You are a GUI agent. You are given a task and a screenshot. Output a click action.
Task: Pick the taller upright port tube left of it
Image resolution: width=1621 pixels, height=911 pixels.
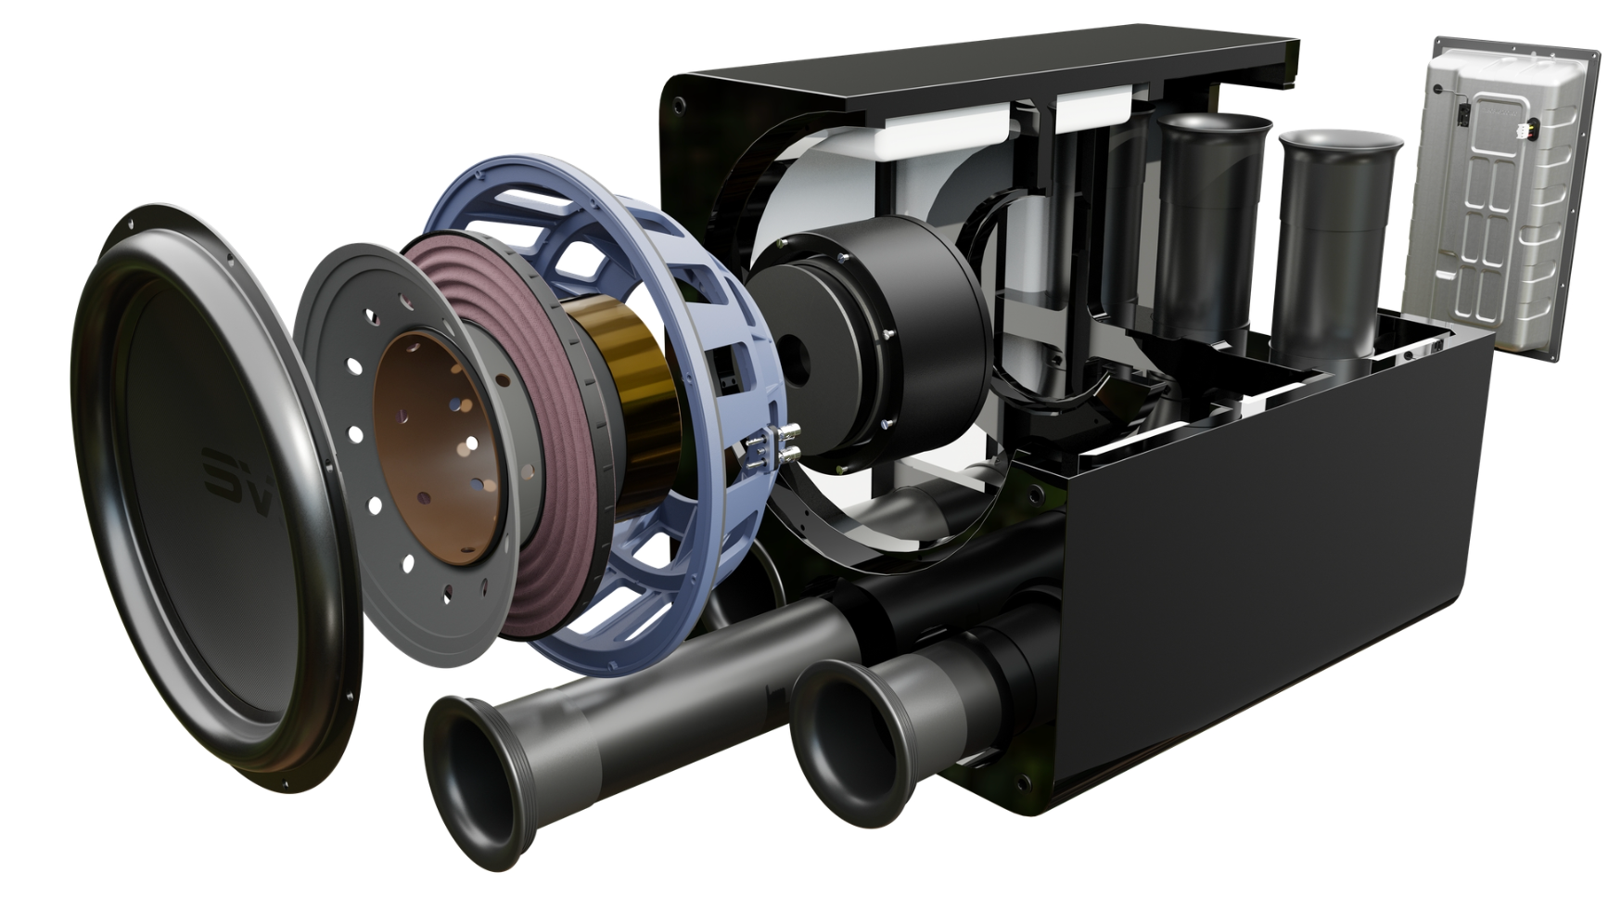tap(1210, 223)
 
